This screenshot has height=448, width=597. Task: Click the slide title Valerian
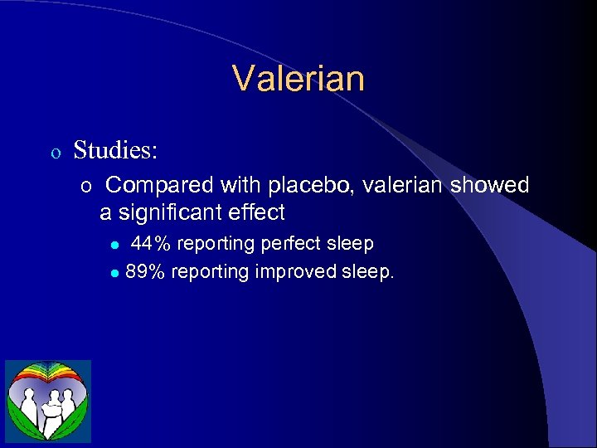pyautogui.click(x=298, y=80)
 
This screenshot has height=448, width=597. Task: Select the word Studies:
pyautogui.click(x=116, y=150)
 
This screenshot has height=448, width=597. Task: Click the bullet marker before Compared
pyautogui.click(x=86, y=187)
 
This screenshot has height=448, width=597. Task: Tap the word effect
pyautogui.click(x=258, y=213)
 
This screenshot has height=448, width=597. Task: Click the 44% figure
pyautogui.click(x=151, y=244)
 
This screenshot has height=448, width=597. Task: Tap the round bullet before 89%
pyautogui.click(x=115, y=273)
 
